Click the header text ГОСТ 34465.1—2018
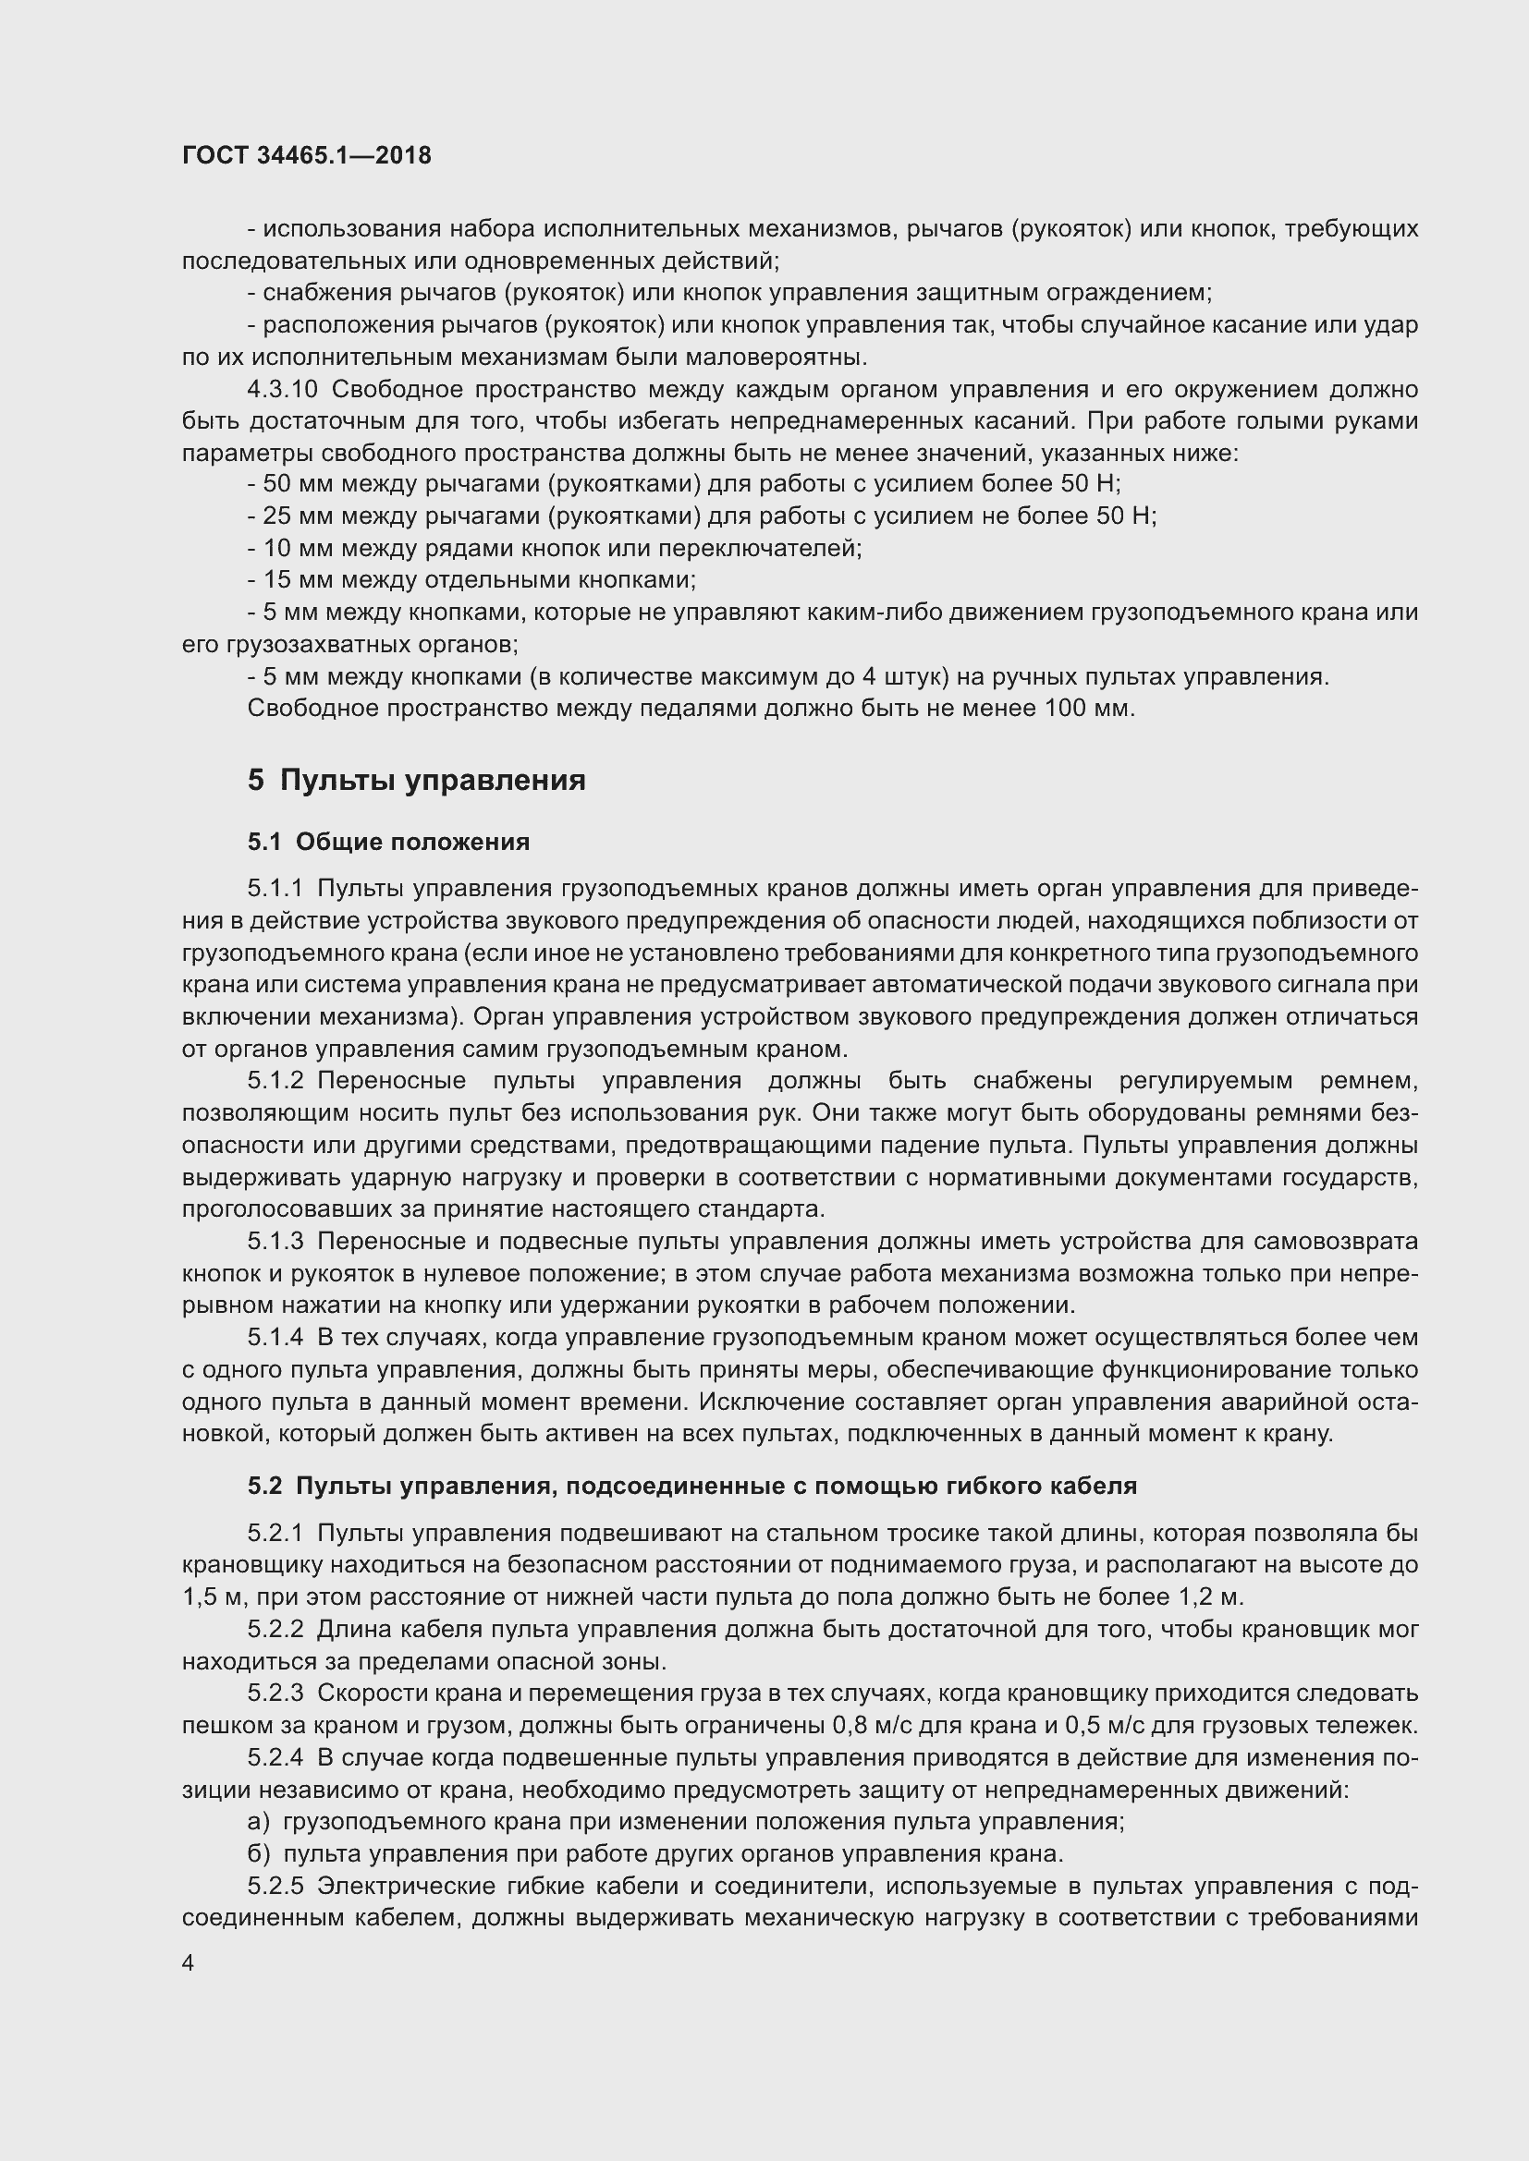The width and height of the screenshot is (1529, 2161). coord(306,155)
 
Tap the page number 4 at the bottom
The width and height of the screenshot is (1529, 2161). coord(189,1962)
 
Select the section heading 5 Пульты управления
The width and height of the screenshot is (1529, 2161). coord(416,781)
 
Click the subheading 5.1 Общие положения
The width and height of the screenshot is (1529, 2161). coord(388,842)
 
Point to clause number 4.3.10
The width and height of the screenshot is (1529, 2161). coord(283,390)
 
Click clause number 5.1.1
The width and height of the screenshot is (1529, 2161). coord(275,889)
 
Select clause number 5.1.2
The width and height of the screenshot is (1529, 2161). coord(275,1081)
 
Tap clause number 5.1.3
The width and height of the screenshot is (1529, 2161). coord(275,1242)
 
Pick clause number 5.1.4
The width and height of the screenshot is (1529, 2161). coord(275,1338)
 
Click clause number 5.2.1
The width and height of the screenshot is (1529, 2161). coord(275,1534)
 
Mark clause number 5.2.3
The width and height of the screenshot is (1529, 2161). coord(275,1694)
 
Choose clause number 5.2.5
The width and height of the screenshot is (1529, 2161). coord(275,1886)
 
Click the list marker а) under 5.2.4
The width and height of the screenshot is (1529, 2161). coord(258,1821)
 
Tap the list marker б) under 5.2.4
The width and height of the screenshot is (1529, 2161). coord(258,1853)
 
